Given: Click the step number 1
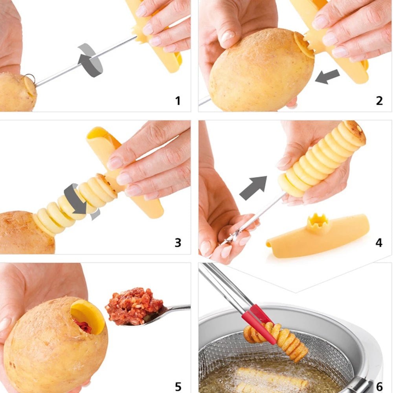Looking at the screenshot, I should point(178,101).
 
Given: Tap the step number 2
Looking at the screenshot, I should point(379,101).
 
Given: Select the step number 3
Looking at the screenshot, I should point(178,242).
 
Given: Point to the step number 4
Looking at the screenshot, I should point(379,242).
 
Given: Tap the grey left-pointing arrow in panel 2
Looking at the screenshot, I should point(327,76).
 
